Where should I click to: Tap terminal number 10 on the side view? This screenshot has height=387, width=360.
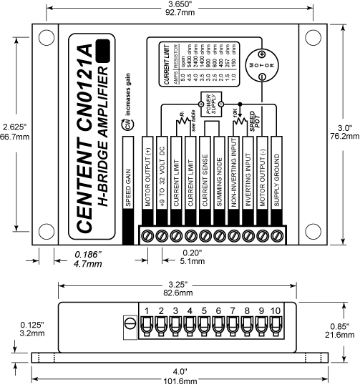click(x=277, y=310)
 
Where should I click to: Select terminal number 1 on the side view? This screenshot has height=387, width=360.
click(x=145, y=310)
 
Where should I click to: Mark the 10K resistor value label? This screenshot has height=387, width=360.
click(x=236, y=113)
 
